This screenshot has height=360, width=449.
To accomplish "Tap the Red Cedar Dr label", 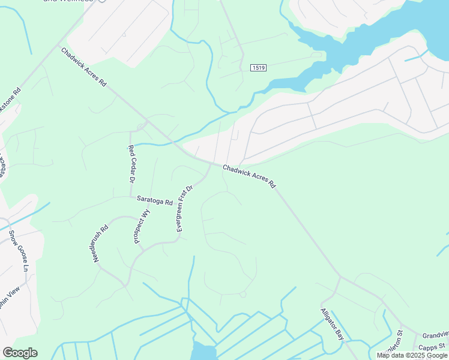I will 131,164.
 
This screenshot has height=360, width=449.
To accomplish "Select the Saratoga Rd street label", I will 154,200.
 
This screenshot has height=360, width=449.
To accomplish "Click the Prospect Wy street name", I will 142,226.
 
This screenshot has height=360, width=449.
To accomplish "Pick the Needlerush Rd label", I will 100,247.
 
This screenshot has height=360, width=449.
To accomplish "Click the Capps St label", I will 433,347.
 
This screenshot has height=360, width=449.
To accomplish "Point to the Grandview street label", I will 435,335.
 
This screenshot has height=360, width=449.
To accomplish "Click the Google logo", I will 20,353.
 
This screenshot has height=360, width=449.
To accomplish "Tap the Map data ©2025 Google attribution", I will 412,355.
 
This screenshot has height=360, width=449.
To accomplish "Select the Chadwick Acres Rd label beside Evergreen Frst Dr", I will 249,176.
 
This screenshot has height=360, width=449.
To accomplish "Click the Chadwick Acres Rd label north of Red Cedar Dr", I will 83,68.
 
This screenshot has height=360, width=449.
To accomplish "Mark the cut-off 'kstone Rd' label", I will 11,98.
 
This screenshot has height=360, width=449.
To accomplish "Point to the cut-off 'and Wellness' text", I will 67,1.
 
